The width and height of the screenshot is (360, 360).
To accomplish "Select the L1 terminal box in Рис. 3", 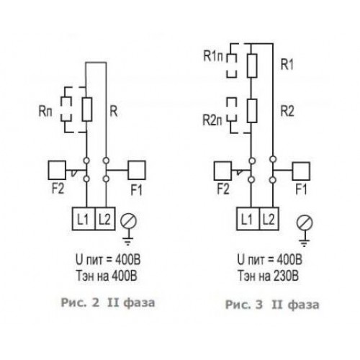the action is pyautogui.click(x=248, y=219).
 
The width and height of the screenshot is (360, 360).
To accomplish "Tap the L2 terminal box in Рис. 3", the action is pyautogui.click(x=269, y=219).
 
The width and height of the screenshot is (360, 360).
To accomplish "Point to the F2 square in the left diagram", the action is pyautogui.click(x=57, y=170).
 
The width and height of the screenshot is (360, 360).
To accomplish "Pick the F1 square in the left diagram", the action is pyautogui.click(x=137, y=170).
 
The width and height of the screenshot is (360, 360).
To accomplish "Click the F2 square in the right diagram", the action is pyautogui.click(x=222, y=171).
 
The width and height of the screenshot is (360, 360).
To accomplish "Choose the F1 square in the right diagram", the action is pyautogui.click(x=301, y=171).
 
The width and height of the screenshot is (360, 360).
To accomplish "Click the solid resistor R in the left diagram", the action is pyautogui.click(x=87, y=109).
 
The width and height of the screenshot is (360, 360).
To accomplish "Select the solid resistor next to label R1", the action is pyautogui.click(x=252, y=66).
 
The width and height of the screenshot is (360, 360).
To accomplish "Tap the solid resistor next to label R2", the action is pyautogui.click(x=252, y=111).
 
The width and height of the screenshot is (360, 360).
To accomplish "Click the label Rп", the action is pyautogui.click(x=45, y=111).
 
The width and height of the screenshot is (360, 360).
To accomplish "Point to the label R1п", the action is pyautogui.click(x=213, y=56).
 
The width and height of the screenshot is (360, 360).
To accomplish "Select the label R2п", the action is pyautogui.click(x=212, y=120).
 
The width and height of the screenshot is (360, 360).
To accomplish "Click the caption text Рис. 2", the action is pyautogui.click(x=80, y=302).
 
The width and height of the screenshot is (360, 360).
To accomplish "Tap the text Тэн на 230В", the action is pyautogui.click(x=269, y=276).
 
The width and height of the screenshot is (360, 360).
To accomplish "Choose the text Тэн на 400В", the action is pyautogui.click(x=107, y=276).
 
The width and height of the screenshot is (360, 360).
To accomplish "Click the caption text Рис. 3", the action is pyautogui.click(x=244, y=305).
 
